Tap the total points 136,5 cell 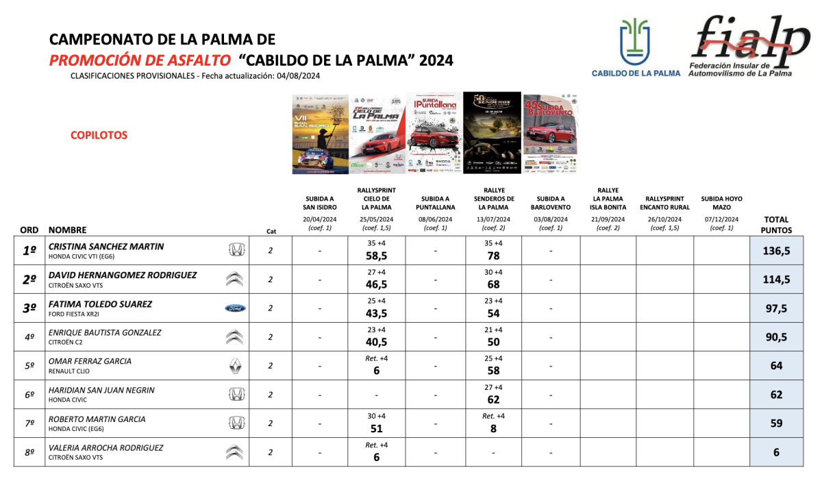(776, 251)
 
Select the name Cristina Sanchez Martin (106, 246)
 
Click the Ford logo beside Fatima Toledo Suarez (235, 308)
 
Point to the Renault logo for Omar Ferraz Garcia (235, 366)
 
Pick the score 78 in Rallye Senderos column (493, 256)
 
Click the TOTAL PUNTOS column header (776, 225)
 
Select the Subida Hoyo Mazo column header (721, 203)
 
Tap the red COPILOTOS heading (99, 136)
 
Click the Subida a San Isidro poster (320, 134)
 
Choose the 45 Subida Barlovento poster (550, 134)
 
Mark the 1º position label (29, 251)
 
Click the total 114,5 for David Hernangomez (776, 280)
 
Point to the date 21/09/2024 (608, 219)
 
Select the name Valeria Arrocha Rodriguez (105, 447)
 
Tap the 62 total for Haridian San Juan (776, 395)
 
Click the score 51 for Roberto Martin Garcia (376, 429)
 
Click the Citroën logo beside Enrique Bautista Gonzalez (235, 337)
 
